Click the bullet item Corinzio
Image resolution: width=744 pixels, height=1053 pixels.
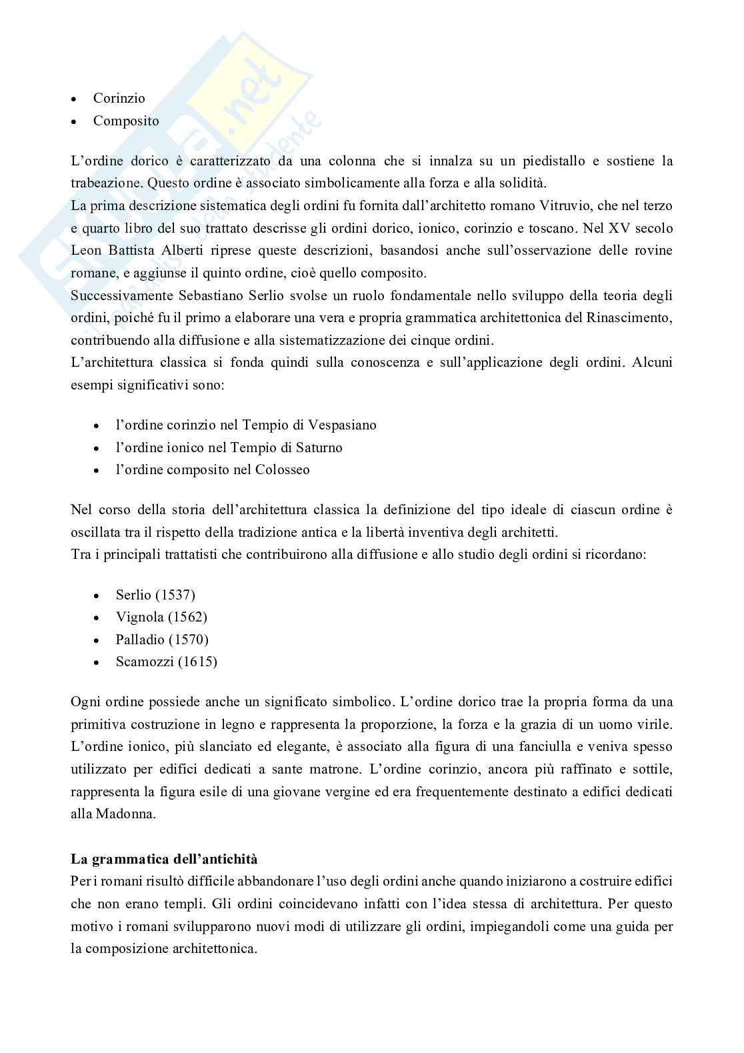click(x=119, y=98)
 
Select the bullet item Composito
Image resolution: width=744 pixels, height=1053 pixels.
click(x=126, y=121)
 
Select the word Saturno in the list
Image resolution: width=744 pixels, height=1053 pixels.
click(x=318, y=447)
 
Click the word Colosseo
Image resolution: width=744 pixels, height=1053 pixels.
click(x=282, y=469)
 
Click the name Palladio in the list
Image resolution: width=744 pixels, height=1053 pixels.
click(x=139, y=640)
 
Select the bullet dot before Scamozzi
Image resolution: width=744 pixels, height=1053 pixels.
click(x=97, y=662)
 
